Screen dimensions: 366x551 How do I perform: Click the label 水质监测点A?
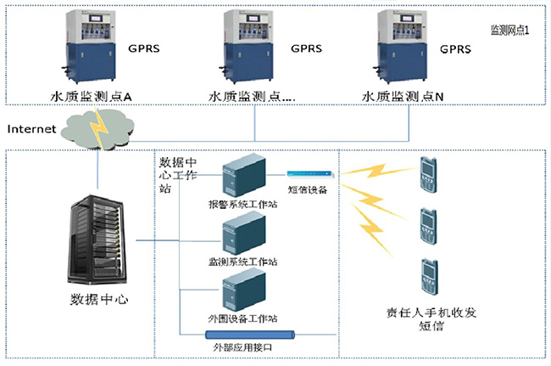[91, 98]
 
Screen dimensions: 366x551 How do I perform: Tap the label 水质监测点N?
[404, 98]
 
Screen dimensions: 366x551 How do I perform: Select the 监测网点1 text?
[510, 30]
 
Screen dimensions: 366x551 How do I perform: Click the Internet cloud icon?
[100, 126]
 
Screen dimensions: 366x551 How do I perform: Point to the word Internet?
[31, 129]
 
